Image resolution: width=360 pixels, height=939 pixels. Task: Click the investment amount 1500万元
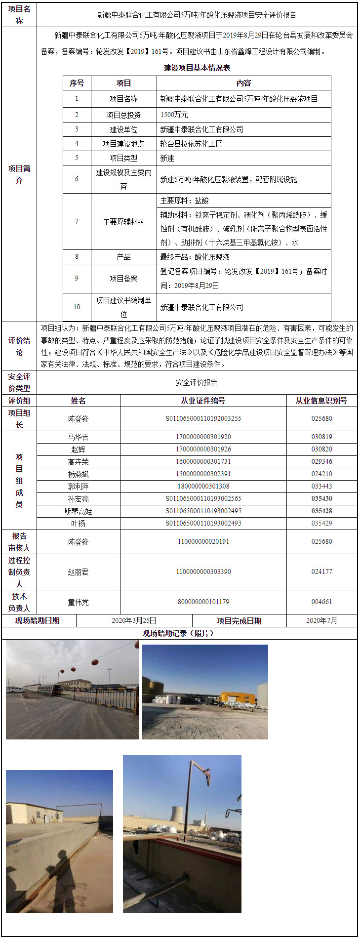click(174, 115)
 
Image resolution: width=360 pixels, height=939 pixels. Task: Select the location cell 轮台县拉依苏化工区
click(191, 144)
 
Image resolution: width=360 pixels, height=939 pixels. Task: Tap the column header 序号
click(77, 83)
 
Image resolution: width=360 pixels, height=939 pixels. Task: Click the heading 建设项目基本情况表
click(197, 68)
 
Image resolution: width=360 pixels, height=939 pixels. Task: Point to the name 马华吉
click(78, 437)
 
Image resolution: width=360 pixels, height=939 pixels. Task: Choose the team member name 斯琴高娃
click(78, 511)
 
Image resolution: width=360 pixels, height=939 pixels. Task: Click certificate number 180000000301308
click(203, 486)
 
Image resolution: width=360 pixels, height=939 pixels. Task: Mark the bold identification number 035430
click(321, 498)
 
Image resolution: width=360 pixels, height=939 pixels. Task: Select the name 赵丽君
click(78, 572)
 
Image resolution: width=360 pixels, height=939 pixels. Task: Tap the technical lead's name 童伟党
click(78, 602)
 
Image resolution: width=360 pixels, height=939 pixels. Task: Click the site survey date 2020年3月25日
click(134, 620)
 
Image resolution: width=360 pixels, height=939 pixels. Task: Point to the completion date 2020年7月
click(321, 620)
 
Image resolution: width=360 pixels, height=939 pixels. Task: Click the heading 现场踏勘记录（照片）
click(179, 633)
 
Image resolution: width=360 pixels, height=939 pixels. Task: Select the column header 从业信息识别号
click(321, 401)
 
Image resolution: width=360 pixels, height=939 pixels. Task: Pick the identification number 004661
click(321, 602)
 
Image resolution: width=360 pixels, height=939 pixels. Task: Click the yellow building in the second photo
click(237, 698)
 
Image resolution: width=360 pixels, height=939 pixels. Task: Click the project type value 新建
click(167, 158)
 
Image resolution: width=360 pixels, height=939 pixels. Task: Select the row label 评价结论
click(19, 346)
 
